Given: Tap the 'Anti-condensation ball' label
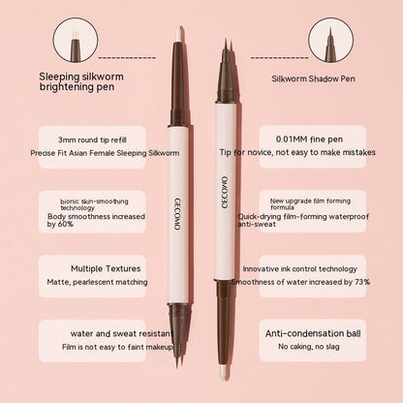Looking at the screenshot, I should point(314,332).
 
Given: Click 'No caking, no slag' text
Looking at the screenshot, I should point(314,346).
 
